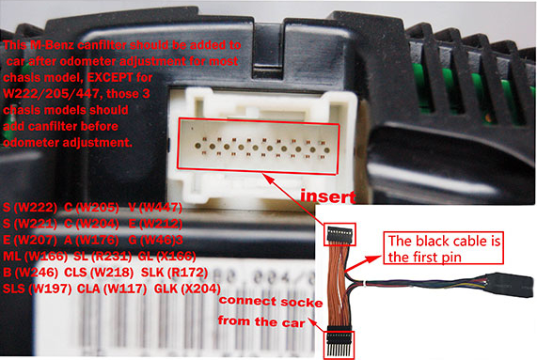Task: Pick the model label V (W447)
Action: [156, 206]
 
